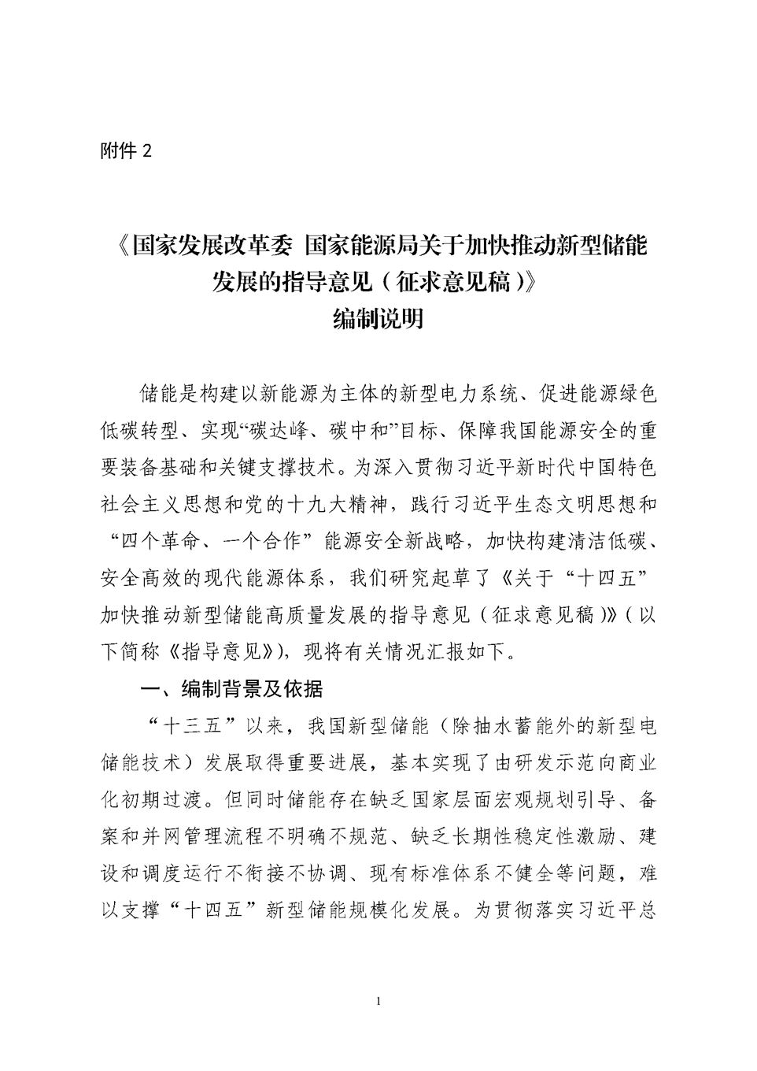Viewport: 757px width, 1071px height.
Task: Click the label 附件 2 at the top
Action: coord(126,151)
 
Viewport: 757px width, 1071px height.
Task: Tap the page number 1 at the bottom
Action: coord(379,1001)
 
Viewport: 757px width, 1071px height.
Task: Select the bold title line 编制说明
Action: coord(378,318)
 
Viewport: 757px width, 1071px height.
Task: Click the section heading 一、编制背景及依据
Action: coord(231,689)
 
